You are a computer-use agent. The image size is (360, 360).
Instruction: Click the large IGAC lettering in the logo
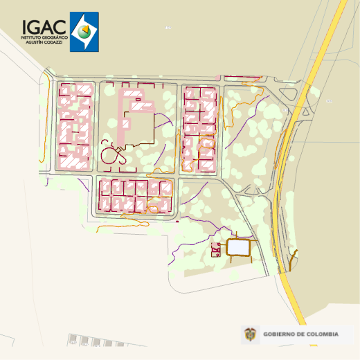44,26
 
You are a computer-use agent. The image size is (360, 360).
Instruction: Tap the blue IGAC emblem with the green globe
84,32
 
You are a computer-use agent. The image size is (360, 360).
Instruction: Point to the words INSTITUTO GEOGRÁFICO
44,37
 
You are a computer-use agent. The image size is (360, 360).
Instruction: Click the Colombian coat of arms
249,335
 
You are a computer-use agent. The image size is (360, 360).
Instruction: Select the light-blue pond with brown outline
237,247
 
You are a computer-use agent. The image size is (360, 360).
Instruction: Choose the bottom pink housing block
135,196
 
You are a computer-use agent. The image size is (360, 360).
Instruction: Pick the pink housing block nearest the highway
200,128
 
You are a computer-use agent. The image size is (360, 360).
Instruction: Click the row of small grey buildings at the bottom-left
90,341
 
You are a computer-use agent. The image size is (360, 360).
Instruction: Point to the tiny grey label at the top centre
168,28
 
